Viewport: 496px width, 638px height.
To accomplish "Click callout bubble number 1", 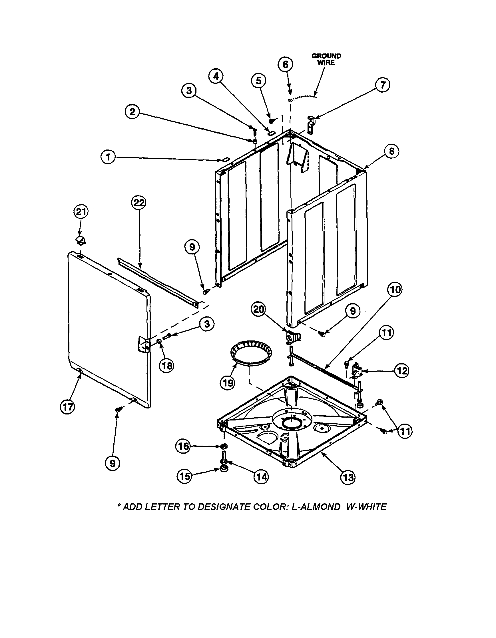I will pyautogui.click(x=109, y=158).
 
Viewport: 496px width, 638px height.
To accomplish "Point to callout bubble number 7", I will pyautogui.click(x=383, y=85).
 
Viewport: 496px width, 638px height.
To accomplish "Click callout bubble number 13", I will pyautogui.click(x=348, y=477).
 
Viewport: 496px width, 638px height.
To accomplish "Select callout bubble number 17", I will pyautogui.click(x=68, y=407).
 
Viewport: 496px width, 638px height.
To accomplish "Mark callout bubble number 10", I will pyautogui.click(x=395, y=290).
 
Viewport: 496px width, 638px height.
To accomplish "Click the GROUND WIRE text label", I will pyautogui.click(x=326, y=59).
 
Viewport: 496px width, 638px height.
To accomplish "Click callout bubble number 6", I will pyautogui.click(x=285, y=64).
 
